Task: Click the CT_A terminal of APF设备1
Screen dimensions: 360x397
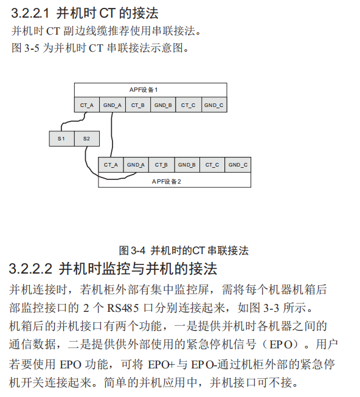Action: pos(87,105)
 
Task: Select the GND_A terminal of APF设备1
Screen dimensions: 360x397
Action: pos(112,105)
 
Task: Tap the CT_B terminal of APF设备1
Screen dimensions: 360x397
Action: pos(138,105)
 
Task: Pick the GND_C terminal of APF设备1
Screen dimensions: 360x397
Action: pos(214,105)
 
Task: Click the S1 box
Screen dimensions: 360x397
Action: pos(62,139)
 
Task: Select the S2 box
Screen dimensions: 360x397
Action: pos(87,139)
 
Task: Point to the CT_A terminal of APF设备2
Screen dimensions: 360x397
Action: pos(111,165)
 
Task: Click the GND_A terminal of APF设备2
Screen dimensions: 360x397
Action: pos(136,165)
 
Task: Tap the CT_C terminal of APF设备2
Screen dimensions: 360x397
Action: pos(212,165)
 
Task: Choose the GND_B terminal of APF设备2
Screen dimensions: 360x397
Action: pos(187,165)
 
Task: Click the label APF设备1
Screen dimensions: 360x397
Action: pos(144,90)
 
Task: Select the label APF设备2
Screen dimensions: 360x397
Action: pos(167,182)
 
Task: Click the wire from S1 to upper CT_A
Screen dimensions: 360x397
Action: pos(72,122)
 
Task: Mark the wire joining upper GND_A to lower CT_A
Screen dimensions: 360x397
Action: pos(112,135)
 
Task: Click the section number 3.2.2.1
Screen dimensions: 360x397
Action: pos(30,13)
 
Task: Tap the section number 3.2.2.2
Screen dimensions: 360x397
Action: pos(30,269)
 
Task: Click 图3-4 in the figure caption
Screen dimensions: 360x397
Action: pos(132,250)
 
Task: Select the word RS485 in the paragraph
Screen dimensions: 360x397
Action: pos(123,308)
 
